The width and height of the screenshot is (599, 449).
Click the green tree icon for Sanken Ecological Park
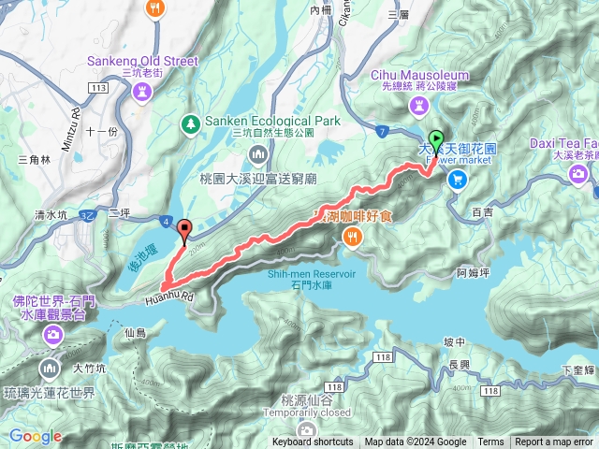click(190, 123)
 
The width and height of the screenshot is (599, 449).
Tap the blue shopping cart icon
click(457, 180)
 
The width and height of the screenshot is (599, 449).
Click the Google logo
click(36, 436)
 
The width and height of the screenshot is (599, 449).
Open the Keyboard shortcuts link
click(313, 442)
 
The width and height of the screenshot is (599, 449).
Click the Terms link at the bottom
click(490, 442)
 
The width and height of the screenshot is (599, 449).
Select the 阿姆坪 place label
click(473, 273)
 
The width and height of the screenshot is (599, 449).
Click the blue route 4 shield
click(165, 222)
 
